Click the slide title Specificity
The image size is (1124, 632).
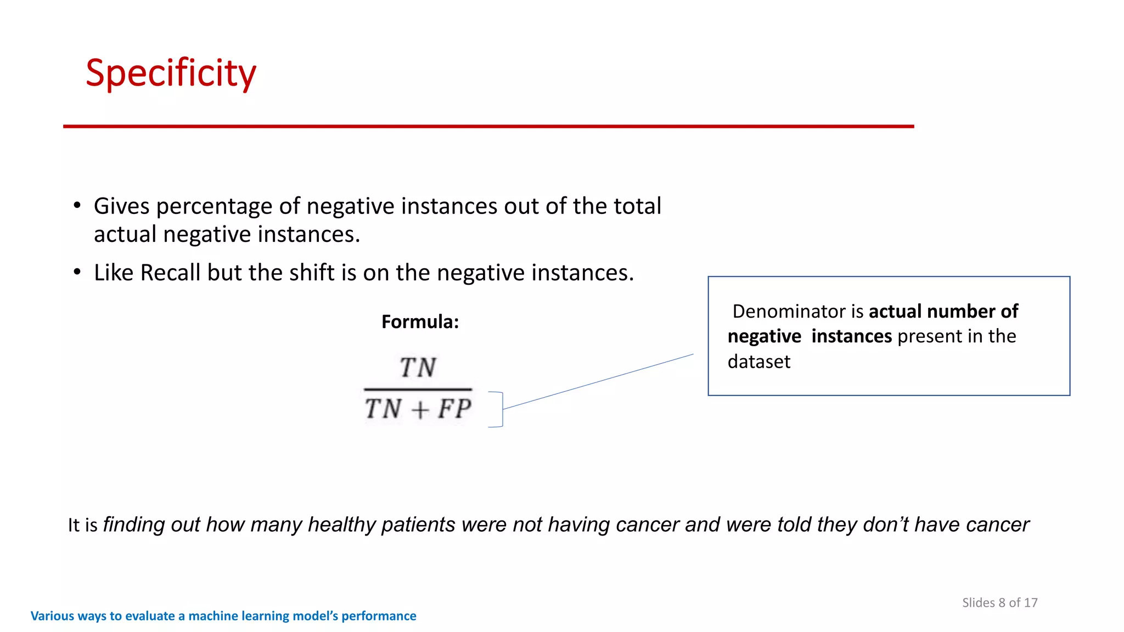[171, 73]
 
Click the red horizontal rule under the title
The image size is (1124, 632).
[488, 126]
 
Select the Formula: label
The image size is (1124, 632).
[420, 321]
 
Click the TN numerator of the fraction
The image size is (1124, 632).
[418, 368]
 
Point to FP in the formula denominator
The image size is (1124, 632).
[454, 409]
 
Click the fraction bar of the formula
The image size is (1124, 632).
[418, 390]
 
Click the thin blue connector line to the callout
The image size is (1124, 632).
[598, 381]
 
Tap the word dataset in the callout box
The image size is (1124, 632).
[758, 362]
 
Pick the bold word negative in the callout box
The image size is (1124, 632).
[764, 336]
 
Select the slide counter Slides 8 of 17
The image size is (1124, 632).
[999, 602]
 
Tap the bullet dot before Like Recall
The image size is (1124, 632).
[77, 272]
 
